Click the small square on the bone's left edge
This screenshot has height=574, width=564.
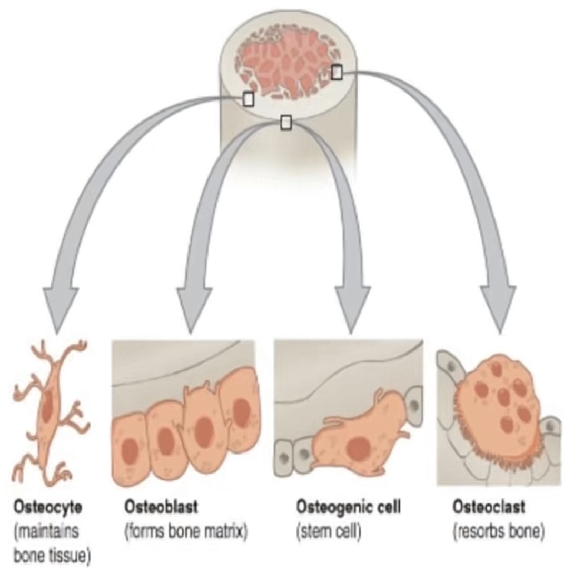click(248, 98)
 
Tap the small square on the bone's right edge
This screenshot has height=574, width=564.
click(337, 72)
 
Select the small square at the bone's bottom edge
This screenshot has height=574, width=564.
click(285, 122)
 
